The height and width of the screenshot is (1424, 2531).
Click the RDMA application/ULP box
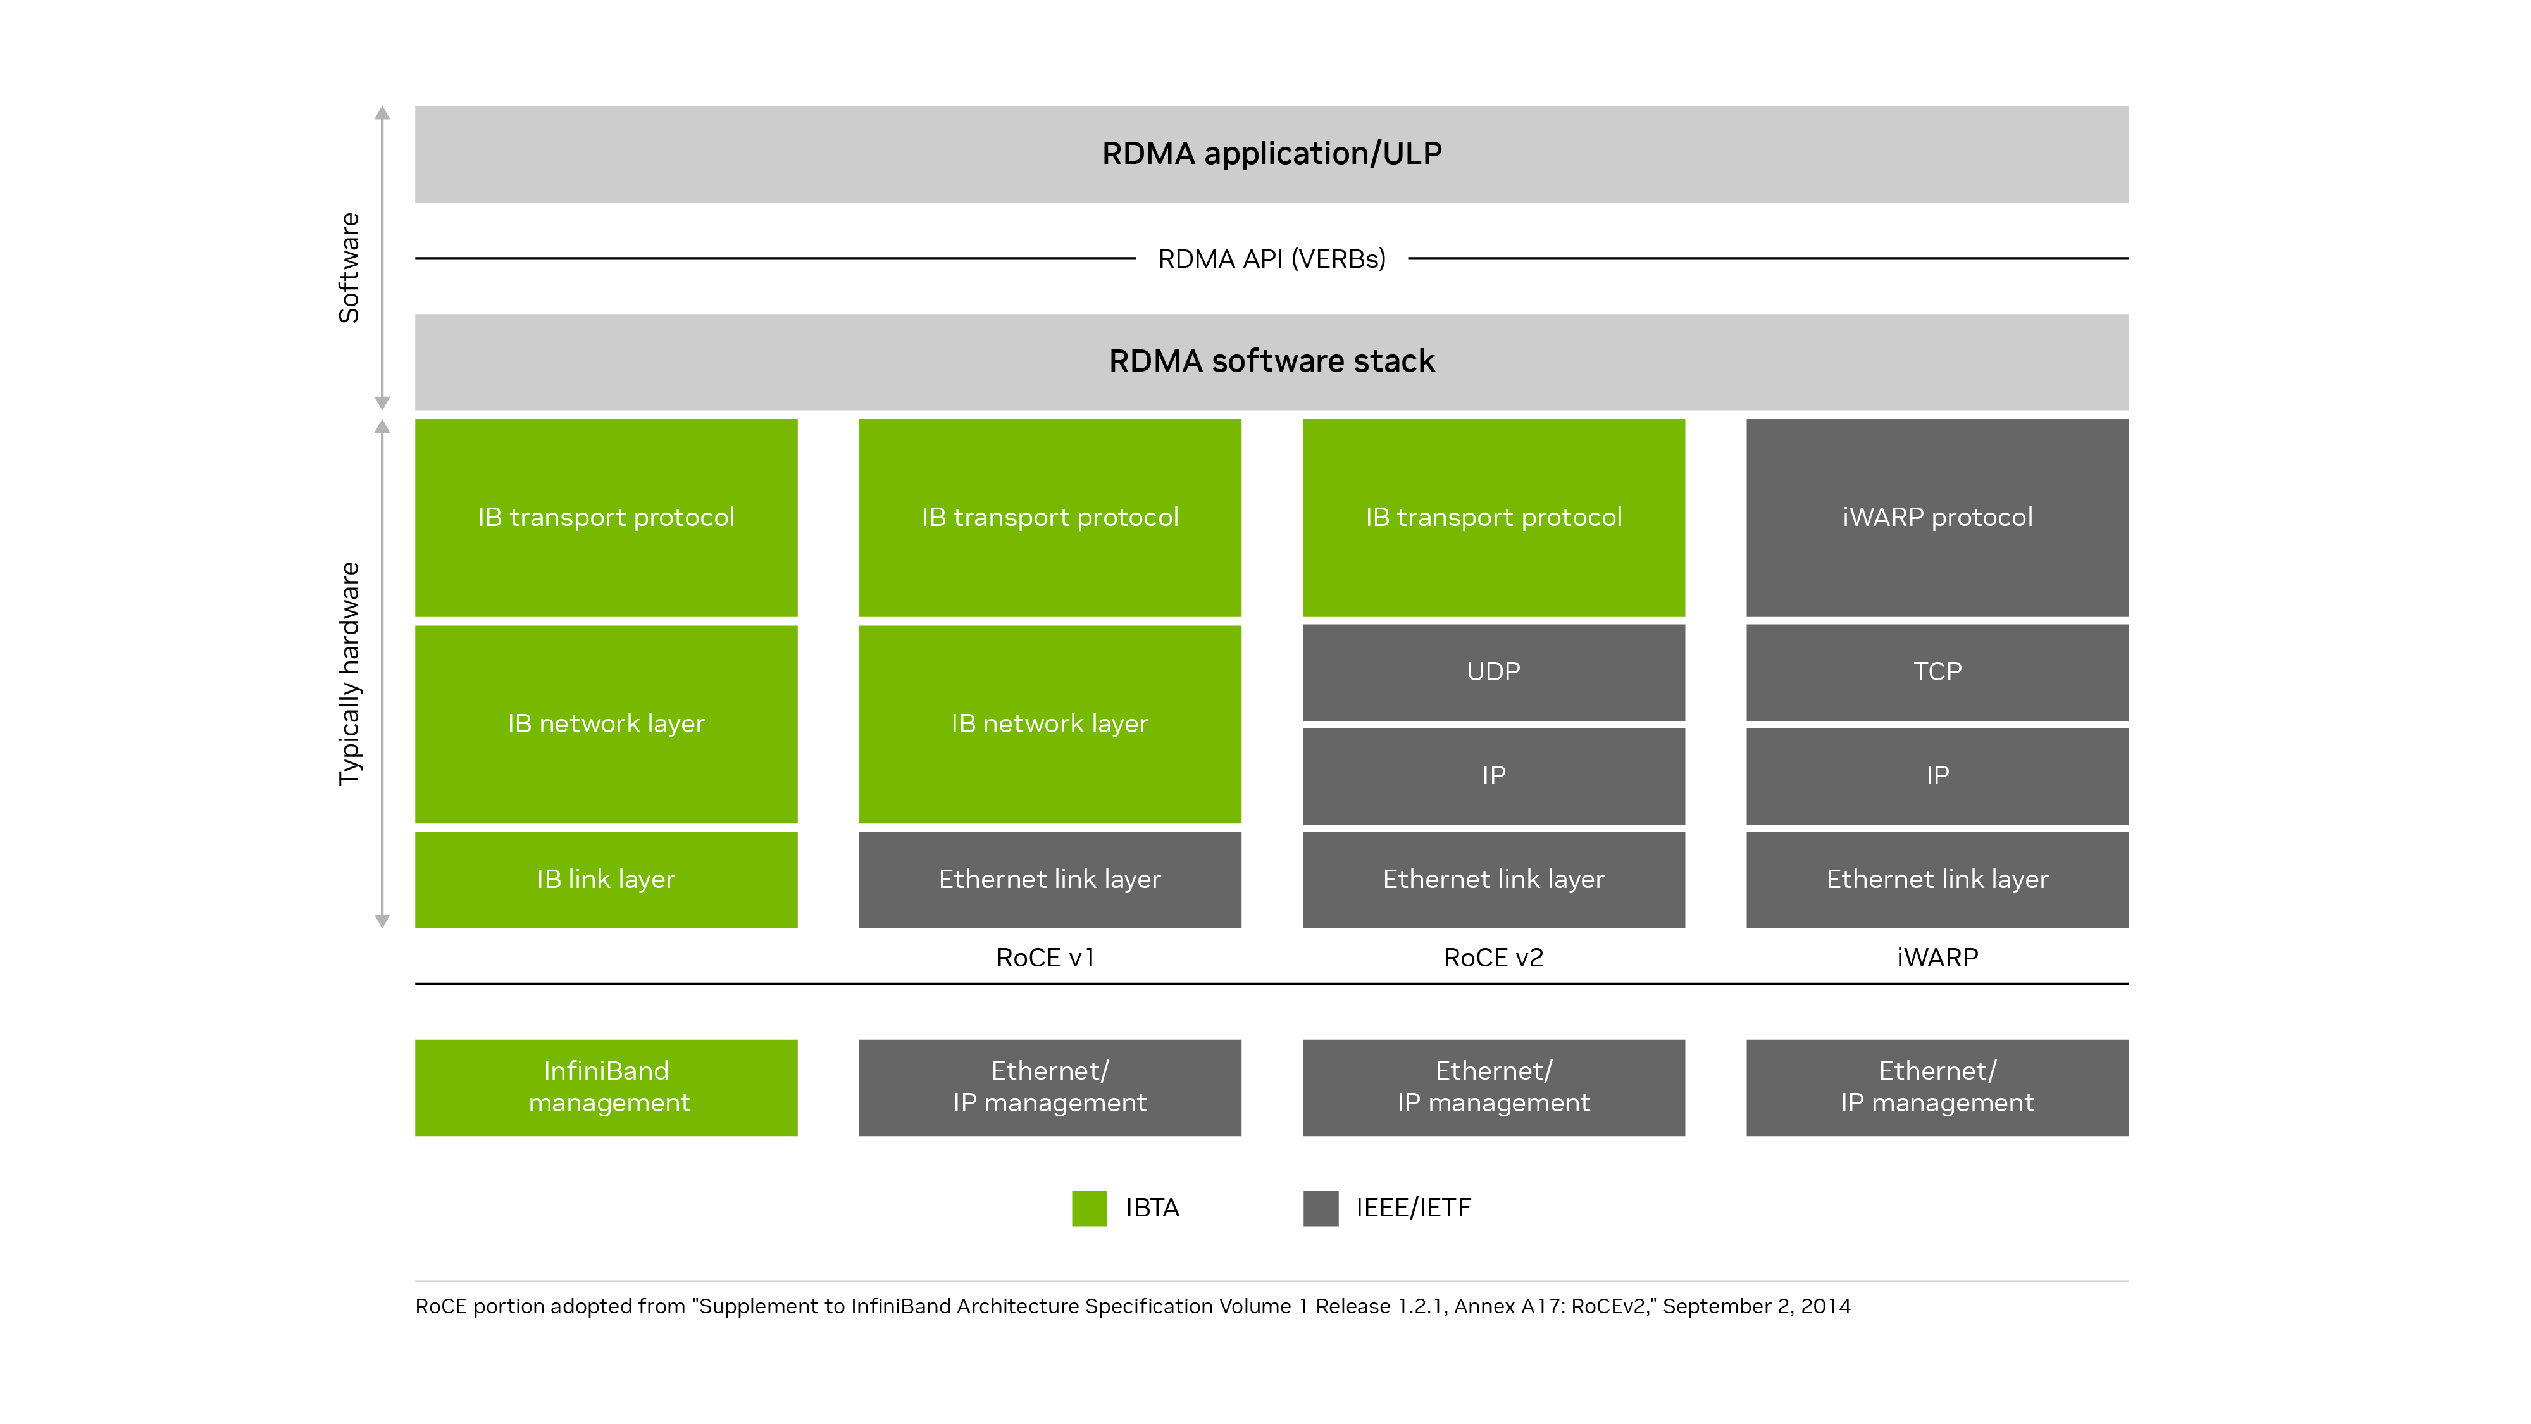(x=1271, y=154)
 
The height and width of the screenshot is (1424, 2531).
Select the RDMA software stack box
(x=1271, y=361)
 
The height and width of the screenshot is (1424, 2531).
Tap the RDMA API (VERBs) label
(x=1271, y=258)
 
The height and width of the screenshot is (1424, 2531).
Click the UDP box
(x=1493, y=672)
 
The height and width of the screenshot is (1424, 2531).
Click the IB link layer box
(x=606, y=880)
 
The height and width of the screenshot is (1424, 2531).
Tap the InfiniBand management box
(x=606, y=1087)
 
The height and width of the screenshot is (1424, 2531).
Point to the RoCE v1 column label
(x=1045, y=957)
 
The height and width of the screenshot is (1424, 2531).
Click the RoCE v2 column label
(x=1493, y=957)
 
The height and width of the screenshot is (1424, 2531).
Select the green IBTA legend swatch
(x=1088, y=1208)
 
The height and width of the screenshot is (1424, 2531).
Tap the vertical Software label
(x=349, y=267)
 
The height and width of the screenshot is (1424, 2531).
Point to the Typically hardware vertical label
(x=349, y=673)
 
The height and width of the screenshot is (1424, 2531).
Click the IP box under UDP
(x=1493, y=775)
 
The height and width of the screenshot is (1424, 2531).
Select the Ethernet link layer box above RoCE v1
(x=1048, y=880)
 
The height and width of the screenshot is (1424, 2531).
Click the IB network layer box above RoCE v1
(x=1048, y=724)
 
